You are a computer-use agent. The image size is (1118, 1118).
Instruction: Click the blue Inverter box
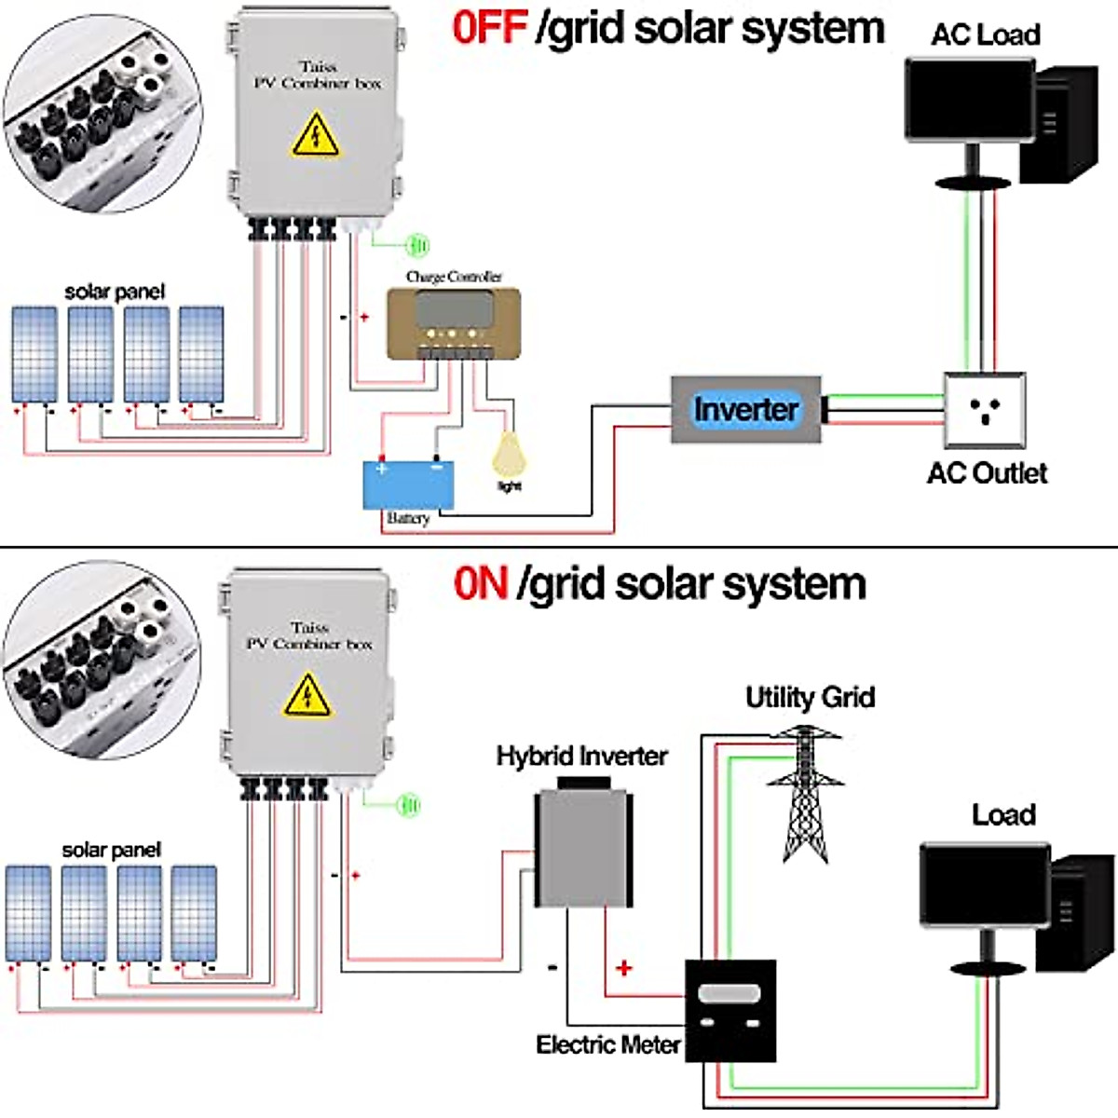[745, 410]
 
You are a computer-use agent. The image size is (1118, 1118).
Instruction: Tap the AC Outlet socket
[985, 410]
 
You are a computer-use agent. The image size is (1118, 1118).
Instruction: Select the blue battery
[408, 484]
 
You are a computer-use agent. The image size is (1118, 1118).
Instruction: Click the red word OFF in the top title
[490, 28]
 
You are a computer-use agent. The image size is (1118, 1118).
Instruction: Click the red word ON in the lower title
[481, 584]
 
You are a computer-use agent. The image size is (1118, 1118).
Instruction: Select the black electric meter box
[730, 1010]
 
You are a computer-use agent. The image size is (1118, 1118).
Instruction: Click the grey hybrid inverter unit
[583, 848]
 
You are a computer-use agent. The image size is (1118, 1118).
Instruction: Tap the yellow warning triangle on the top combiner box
[316, 135]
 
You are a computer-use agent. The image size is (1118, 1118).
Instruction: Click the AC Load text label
[985, 35]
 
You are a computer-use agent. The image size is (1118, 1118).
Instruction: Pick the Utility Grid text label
[810, 697]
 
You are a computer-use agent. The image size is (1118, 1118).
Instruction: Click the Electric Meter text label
[607, 1045]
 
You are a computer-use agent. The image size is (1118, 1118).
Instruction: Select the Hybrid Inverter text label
[581, 756]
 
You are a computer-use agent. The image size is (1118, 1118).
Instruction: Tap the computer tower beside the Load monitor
[1075, 913]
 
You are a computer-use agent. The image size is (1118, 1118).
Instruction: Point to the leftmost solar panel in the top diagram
[34, 354]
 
